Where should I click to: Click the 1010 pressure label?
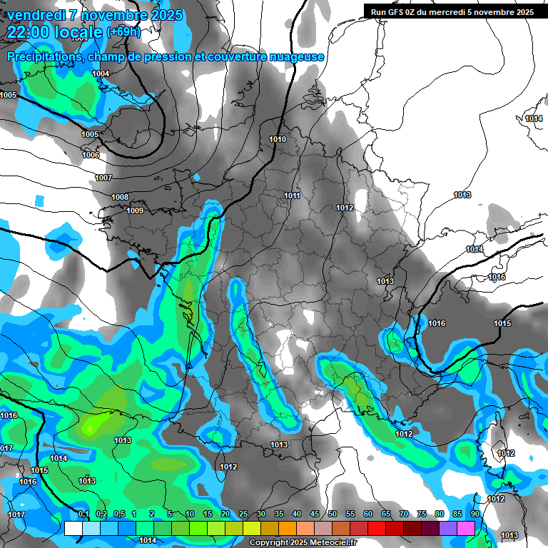click(278, 139)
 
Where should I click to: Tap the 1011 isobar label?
click(292, 196)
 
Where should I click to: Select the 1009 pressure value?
click(135, 210)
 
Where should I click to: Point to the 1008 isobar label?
click(120, 197)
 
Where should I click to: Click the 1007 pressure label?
click(103, 178)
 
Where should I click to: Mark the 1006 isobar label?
click(91, 155)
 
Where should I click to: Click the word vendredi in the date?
click(35, 15)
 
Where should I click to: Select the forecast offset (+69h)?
click(123, 32)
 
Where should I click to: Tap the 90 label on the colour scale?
click(475, 514)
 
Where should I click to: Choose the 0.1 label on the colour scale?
click(83, 514)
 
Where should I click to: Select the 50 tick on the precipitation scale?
click(333, 514)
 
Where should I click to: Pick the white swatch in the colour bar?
click(73, 528)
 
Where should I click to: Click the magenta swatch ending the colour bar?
click(466, 528)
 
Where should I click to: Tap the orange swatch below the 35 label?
click(288, 528)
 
